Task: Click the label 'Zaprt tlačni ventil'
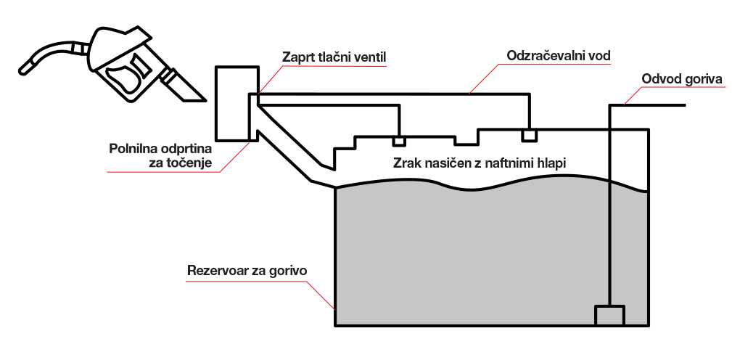(x=335, y=56)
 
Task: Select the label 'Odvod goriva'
(x=682, y=79)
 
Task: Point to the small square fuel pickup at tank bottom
(x=609, y=316)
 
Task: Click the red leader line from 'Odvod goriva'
(x=631, y=93)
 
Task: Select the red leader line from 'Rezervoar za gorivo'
(x=319, y=292)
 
